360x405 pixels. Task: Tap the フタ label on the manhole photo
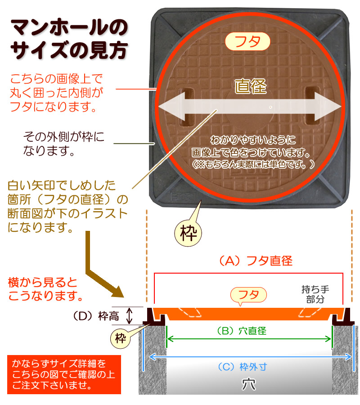coord(247,42)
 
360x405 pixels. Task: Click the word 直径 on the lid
coord(251,86)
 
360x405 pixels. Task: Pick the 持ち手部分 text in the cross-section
coord(315,294)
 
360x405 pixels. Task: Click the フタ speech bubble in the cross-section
coord(248,295)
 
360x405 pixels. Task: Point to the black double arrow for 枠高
coord(130,316)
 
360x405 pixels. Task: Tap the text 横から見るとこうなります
coord(45,289)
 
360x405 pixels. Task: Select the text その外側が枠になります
coord(63,143)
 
